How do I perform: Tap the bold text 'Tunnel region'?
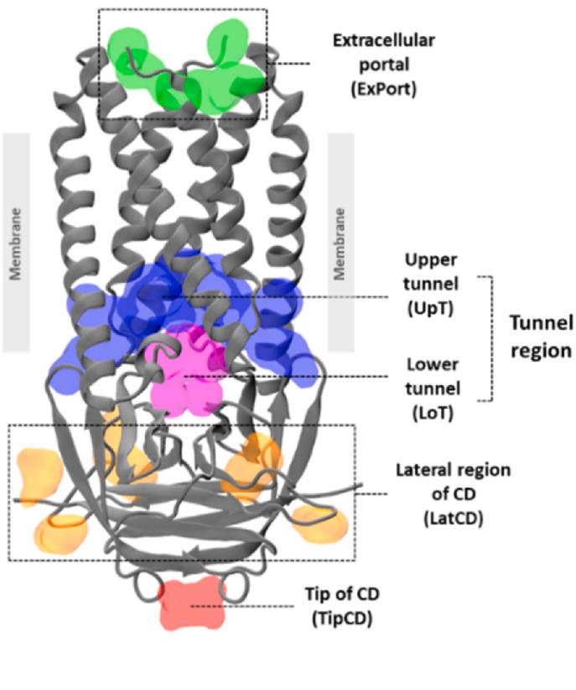coord(541,336)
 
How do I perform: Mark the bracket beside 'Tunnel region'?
coord(492,337)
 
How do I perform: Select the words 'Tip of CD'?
coord(342,594)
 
